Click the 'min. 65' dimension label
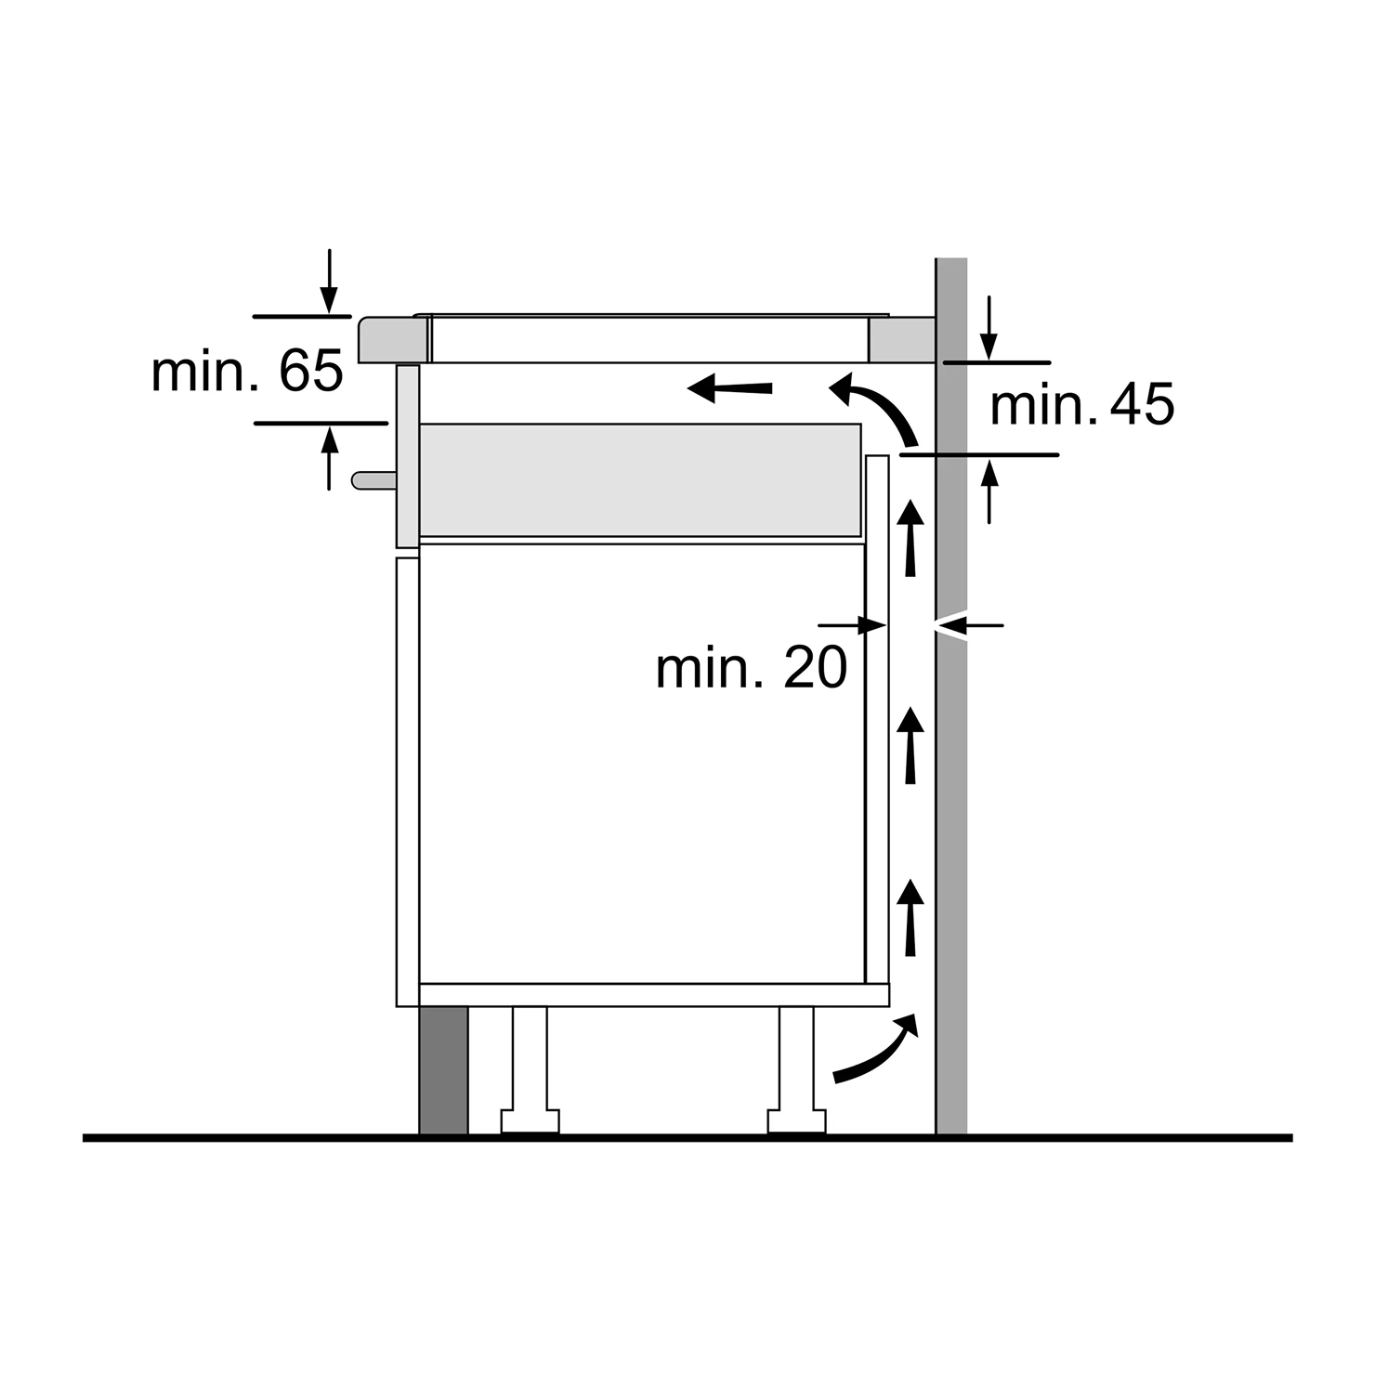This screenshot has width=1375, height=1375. (247, 372)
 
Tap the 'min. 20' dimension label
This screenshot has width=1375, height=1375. (752, 667)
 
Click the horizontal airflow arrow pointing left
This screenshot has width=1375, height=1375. (729, 387)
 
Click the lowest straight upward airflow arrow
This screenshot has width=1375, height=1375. (911, 917)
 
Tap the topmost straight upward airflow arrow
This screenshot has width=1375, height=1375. (911, 538)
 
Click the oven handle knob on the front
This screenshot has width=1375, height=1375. (373, 479)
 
